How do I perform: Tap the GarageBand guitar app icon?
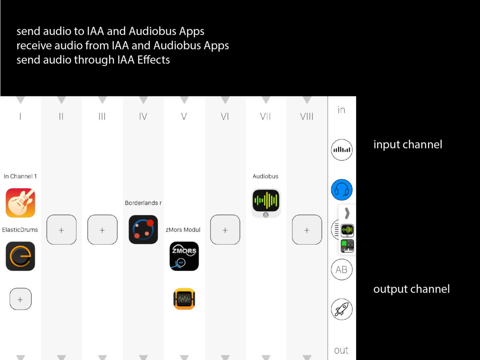click(20, 203)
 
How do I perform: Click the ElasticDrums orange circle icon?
click(20, 256)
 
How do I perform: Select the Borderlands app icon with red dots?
click(143, 230)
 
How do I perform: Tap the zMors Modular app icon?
click(184, 256)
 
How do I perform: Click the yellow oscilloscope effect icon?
click(184, 299)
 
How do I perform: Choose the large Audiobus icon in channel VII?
click(266, 203)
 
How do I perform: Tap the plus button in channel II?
click(62, 230)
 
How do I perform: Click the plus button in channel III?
click(102, 230)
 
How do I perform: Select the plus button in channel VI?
click(225, 230)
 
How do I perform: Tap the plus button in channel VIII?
click(307, 230)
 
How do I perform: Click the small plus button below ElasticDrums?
click(20, 299)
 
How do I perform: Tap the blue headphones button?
click(342, 190)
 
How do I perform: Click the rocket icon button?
click(342, 309)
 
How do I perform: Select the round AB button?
click(342, 270)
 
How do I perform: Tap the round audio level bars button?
click(342, 150)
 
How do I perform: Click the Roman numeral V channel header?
click(184, 116)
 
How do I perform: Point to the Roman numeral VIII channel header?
click(307, 116)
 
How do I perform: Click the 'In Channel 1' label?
click(20, 176)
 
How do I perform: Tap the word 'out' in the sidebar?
click(341, 350)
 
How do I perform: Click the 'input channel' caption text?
click(408, 144)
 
